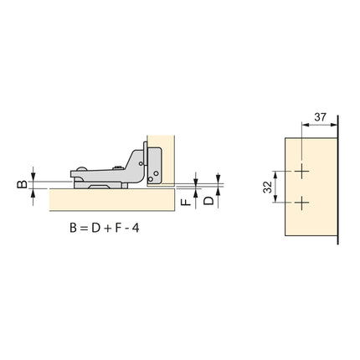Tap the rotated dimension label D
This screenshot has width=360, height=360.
(x=208, y=200)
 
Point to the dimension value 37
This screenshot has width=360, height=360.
(x=320, y=117)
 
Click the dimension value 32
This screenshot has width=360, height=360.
(x=267, y=187)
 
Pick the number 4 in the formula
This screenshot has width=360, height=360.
(x=136, y=229)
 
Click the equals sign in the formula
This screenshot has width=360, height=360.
(x=83, y=229)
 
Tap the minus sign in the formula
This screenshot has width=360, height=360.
(x=126, y=229)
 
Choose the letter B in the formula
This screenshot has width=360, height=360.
(x=73, y=229)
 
